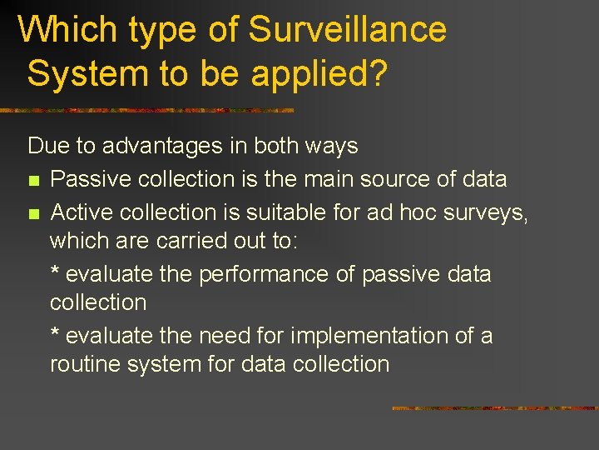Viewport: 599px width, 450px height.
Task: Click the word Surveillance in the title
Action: [x=348, y=30]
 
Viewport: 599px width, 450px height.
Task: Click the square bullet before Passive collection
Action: [x=33, y=180]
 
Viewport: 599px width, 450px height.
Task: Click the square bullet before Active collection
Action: [x=33, y=214]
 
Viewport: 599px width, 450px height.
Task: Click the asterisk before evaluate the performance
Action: [x=55, y=272]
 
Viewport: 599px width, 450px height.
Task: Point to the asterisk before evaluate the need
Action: [x=55, y=334]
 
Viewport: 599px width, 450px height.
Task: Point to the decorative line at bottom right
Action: [x=494, y=408]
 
